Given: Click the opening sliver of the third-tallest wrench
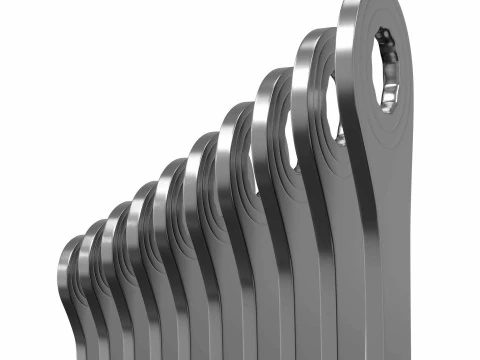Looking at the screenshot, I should point(293,140).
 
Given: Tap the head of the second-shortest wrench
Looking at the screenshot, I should point(92,245).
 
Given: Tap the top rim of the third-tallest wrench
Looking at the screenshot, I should point(272,80).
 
